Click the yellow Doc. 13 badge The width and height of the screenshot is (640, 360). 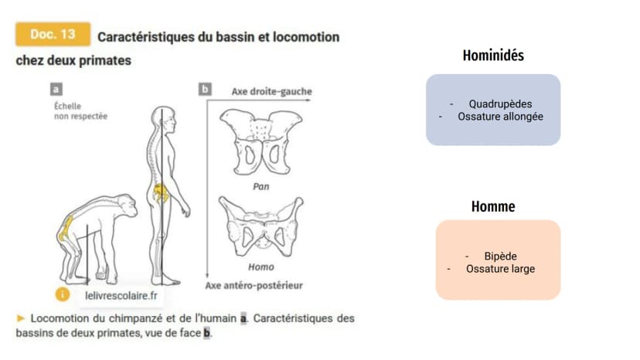point(53,34)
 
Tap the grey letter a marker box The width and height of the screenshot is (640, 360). point(56,89)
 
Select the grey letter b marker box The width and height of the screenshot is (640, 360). point(205,89)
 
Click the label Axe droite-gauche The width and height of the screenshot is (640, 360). point(272,91)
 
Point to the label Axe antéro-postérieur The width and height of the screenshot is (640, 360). point(254,285)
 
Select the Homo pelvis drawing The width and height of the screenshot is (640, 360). point(261,226)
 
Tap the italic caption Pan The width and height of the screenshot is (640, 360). point(261,186)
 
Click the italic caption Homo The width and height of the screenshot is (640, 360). point(261,267)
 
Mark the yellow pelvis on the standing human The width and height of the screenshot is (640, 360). point(160,193)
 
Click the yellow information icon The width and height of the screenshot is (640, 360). point(63,294)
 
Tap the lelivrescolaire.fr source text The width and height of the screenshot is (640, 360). point(121,296)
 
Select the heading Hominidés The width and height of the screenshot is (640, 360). point(493,55)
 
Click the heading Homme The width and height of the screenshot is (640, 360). point(493,206)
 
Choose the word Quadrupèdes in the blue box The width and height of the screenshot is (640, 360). point(500,104)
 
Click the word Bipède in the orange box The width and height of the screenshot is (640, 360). point(500,256)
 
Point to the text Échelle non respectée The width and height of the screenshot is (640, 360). point(81,111)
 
